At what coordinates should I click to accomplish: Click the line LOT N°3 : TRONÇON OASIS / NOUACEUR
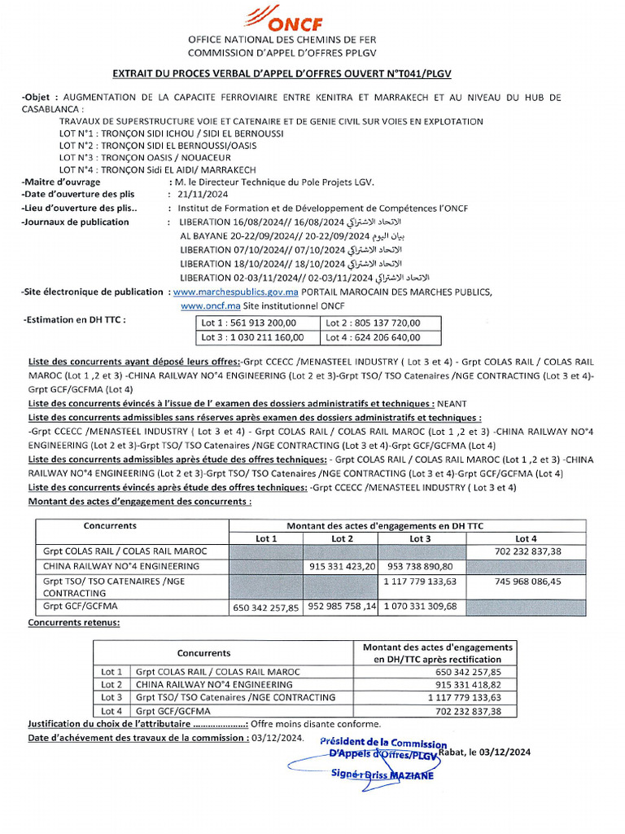pos(145,157)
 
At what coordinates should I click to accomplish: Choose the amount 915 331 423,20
pos(342,565)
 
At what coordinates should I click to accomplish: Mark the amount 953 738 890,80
pos(420,565)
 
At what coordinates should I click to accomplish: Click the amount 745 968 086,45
pos(527,582)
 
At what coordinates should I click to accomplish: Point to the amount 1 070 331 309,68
pos(420,606)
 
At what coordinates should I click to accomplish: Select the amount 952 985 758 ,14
pos(342,606)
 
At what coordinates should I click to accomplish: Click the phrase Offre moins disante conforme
pos(315,724)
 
